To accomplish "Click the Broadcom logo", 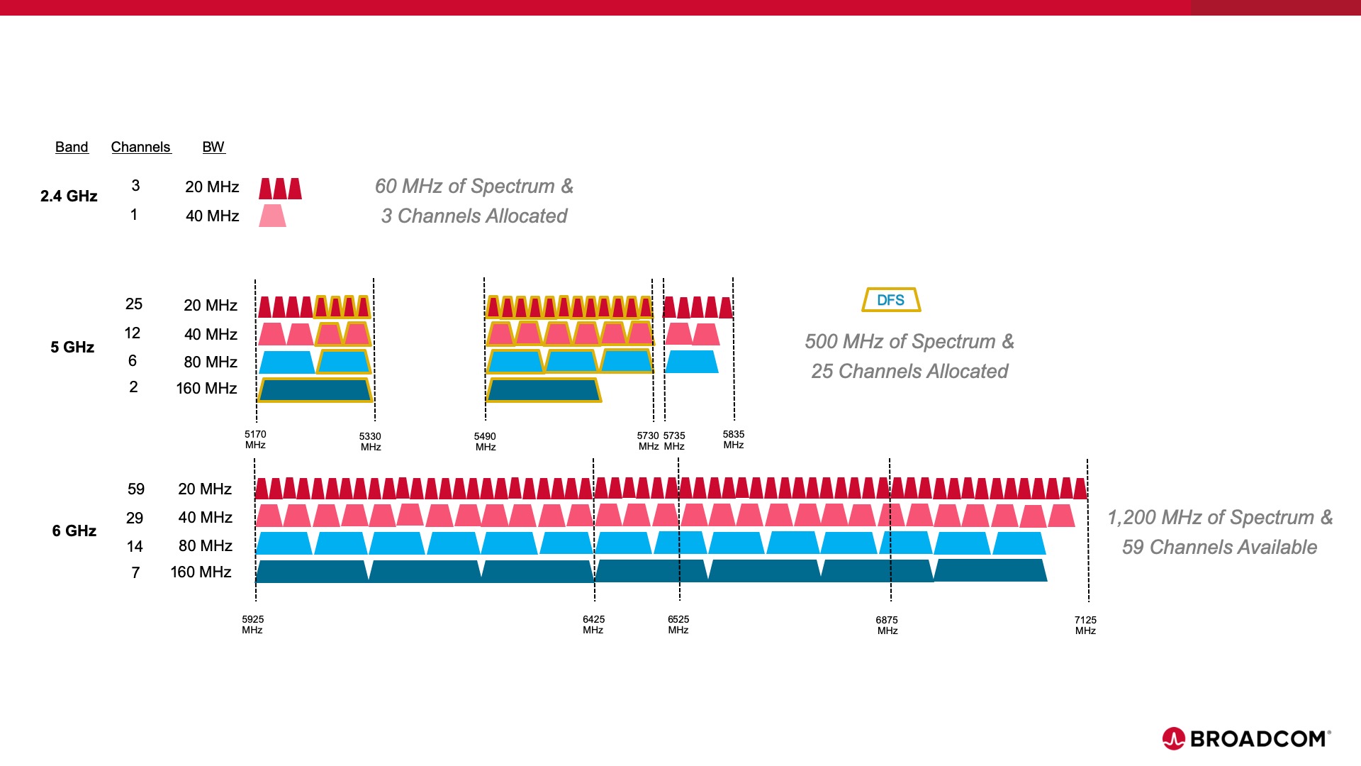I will click(x=1246, y=738).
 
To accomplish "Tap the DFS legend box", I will click(x=891, y=300).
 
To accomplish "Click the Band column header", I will click(x=72, y=147).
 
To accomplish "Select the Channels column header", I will click(x=141, y=147).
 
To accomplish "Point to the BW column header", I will click(x=213, y=147).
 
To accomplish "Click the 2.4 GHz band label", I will click(x=69, y=196).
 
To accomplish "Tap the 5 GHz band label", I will click(x=72, y=347).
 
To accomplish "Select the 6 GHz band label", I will click(x=74, y=531).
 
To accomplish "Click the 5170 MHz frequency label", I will click(x=255, y=439).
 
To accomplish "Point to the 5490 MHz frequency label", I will click(x=485, y=441).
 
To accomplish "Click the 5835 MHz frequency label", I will click(x=734, y=439).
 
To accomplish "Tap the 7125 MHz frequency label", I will click(x=1085, y=625).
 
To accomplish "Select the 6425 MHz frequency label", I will click(x=593, y=624).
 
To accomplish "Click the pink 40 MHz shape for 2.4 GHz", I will click(x=272, y=216).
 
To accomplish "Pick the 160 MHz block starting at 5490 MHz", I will click(x=544, y=390).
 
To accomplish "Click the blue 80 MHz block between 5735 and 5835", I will click(x=691, y=362).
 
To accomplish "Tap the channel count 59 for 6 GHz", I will click(x=136, y=489).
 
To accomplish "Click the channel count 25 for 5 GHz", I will click(x=134, y=304).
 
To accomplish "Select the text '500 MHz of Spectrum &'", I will click(x=909, y=341).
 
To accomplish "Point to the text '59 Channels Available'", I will click(x=1219, y=547).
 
